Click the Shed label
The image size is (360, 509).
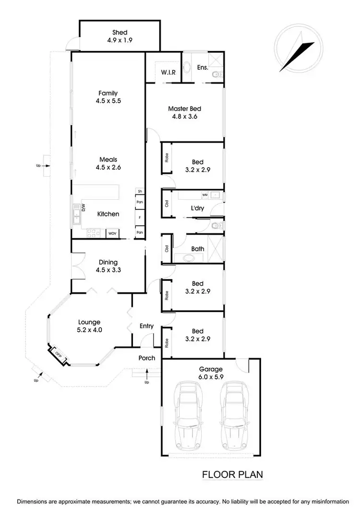(120, 32)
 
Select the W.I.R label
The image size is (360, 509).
(168, 73)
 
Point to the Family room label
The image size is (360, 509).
(108, 93)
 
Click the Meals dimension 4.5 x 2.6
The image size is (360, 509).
(108, 168)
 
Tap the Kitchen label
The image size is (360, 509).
(108, 214)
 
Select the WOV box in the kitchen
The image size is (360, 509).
(112, 233)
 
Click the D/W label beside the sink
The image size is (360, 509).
(83, 208)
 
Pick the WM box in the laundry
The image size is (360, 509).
(205, 195)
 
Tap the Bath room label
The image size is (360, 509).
(197, 249)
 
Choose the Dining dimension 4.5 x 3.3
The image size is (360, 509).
(108, 270)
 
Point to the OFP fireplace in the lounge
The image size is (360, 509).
(57, 354)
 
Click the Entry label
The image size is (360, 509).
(146, 326)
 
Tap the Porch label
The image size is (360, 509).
(146, 358)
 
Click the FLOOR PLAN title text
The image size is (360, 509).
(232, 475)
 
